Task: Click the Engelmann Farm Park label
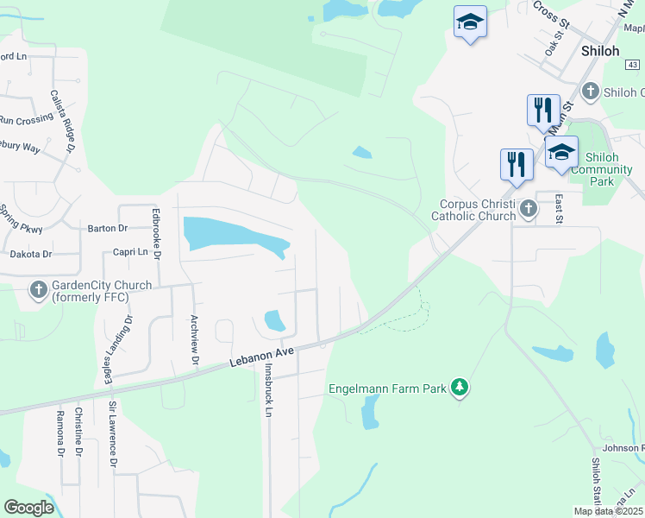387,388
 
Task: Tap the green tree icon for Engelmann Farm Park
460,388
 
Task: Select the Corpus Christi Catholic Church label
473,210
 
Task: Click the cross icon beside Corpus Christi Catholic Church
528,208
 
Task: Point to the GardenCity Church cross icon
39,291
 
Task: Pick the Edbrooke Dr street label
156,233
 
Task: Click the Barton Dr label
107,229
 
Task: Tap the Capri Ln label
130,252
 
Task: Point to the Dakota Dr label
31,255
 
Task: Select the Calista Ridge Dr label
63,120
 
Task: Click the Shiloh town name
600,51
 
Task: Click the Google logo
29,508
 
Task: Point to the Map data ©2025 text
607,511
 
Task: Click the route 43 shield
633,65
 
